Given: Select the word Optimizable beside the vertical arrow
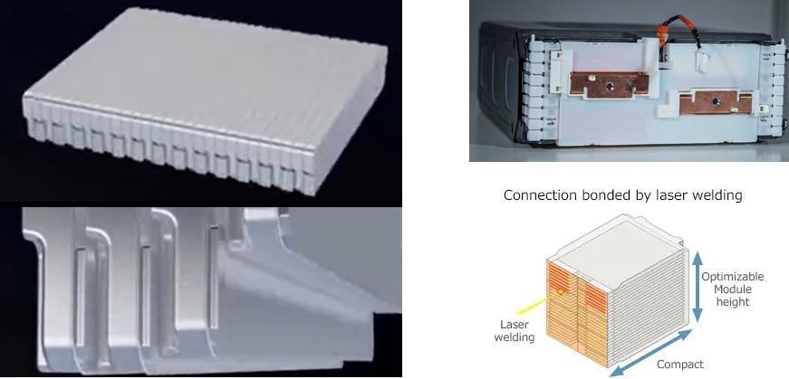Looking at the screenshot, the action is [x=733, y=278].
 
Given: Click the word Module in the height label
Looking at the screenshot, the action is [x=733, y=289].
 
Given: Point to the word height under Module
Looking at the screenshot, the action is [x=733, y=302].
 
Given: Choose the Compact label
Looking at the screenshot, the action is [x=680, y=365].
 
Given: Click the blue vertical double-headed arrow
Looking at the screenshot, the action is [x=697, y=287].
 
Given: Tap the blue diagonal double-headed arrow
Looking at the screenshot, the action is [x=650, y=354].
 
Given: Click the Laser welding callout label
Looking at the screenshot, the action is [x=515, y=331].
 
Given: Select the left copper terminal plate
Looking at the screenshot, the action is [x=610, y=85].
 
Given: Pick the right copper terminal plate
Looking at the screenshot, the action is [x=716, y=102].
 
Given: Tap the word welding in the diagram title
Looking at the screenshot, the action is [x=717, y=195].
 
